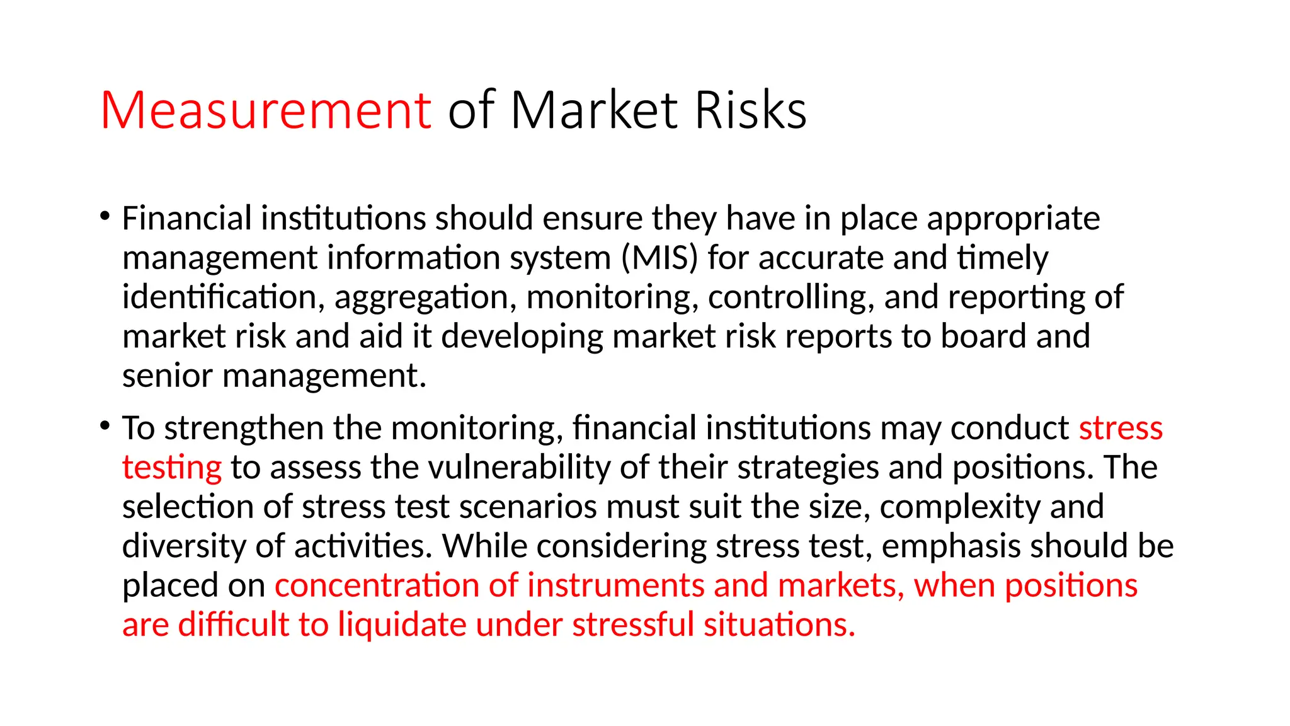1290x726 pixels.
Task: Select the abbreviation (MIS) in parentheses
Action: [x=659, y=258]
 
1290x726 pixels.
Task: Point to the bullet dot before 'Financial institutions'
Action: [x=105, y=216]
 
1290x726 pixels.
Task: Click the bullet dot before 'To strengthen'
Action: [x=105, y=426]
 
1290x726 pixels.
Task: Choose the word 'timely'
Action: [x=1002, y=259]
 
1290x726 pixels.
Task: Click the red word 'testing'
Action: [x=172, y=468]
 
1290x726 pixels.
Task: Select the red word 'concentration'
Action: [x=377, y=585]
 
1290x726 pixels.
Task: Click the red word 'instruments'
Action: [x=615, y=585]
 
